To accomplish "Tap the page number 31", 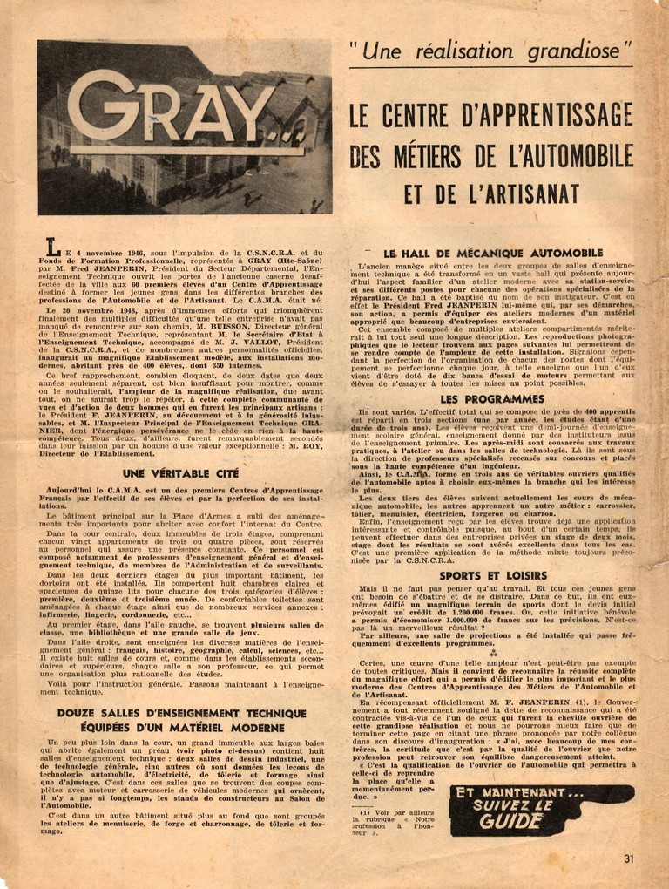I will (631, 858).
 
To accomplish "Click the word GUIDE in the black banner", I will (505, 822).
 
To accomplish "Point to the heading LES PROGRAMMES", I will (492, 399).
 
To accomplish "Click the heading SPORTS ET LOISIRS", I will (493, 576).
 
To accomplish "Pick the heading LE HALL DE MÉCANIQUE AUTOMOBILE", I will (492, 253).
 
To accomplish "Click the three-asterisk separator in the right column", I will (494, 652).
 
